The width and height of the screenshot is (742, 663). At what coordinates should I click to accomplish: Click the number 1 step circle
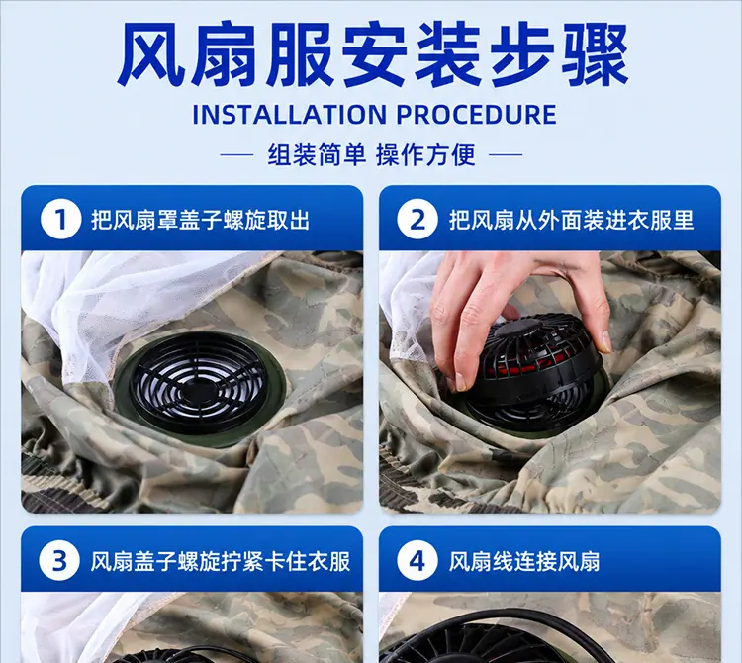pyautogui.click(x=60, y=219)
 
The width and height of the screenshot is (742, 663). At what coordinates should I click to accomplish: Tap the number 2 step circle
pyautogui.click(x=417, y=219)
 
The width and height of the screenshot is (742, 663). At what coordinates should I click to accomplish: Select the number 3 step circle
pyautogui.click(x=59, y=561)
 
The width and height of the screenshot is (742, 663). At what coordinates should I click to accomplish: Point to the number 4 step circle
pyautogui.click(x=417, y=561)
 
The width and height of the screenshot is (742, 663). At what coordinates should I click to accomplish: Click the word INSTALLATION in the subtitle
pyautogui.click(x=290, y=115)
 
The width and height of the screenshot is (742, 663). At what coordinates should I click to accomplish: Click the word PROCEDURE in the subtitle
pyautogui.click(x=476, y=115)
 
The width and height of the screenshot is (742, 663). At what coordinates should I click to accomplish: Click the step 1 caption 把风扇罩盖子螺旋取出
pyautogui.click(x=200, y=220)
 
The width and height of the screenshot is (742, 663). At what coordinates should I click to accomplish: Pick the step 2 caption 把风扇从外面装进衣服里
pyautogui.click(x=571, y=220)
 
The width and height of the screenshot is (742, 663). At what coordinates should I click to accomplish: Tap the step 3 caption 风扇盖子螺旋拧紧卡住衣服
pyautogui.click(x=221, y=561)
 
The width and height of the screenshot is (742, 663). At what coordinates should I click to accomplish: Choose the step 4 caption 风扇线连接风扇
pyautogui.click(x=524, y=561)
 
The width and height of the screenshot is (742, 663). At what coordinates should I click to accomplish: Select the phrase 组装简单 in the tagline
pyautogui.click(x=317, y=154)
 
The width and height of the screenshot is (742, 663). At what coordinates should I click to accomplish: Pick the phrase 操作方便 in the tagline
pyautogui.click(x=425, y=154)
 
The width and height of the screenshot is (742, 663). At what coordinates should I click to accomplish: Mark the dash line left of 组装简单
pyautogui.click(x=237, y=154)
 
